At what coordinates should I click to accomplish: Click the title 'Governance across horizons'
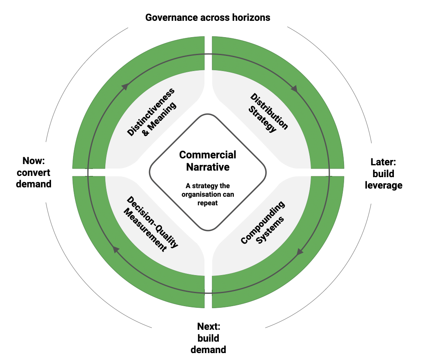coord(208,18)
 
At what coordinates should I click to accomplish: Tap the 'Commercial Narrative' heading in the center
coord(208,161)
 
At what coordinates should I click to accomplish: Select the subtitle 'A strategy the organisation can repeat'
coord(208,194)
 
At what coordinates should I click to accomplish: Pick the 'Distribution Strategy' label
coord(269,112)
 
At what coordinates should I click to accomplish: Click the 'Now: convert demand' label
coord(37,172)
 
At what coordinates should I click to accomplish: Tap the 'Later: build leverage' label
coord(383,173)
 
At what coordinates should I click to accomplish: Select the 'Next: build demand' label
coord(209,338)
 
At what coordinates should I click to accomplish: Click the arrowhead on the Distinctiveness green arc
coord(126,86)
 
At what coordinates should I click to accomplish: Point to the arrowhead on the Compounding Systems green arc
coord(300,252)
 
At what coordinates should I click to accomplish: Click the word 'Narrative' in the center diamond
coord(208,167)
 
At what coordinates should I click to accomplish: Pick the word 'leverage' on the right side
coord(383,185)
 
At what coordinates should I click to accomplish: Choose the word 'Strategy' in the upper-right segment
coord(263,118)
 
